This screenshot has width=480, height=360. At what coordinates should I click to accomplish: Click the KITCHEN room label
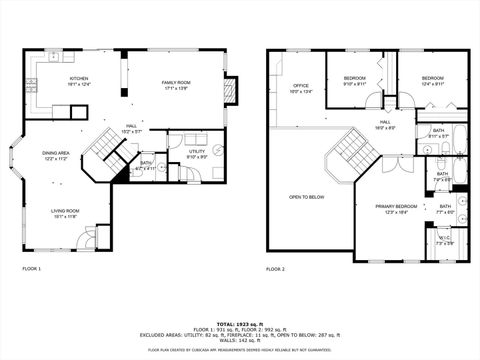click(79, 81)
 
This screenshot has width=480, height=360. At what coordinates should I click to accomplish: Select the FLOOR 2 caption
click(275, 269)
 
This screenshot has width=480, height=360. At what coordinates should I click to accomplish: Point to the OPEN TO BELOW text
click(307, 197)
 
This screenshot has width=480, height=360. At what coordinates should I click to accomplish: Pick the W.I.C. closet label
click(444, 240)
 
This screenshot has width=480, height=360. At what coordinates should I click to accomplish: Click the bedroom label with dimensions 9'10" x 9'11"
click(355, 81)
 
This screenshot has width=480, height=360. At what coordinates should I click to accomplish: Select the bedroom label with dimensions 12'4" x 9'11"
click(432, 81)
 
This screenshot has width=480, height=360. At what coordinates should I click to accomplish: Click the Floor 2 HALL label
click(384, 125)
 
